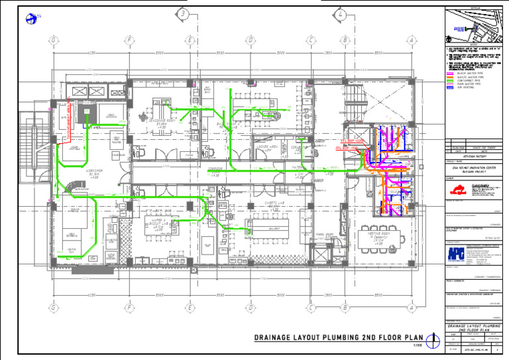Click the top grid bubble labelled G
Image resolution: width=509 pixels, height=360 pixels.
click(x=52, y=40)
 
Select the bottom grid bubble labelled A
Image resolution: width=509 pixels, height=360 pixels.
click(x=412, y=308)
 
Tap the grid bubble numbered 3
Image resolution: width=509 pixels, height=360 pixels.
click(x=184, y=14)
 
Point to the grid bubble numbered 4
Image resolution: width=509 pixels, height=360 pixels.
click(x=339, y=14)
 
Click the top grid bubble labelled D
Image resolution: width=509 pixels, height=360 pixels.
click(x=251, y=40)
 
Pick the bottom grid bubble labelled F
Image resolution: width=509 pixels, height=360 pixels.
click(x=130, y=308)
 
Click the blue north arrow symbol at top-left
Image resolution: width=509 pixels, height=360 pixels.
click(x=30, y=19)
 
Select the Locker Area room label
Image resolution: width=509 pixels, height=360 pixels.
click(x=267, y=148)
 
